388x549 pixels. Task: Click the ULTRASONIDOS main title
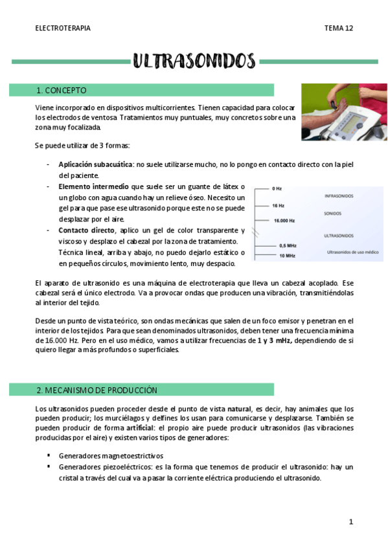pyautogui.click(x=194, y=61)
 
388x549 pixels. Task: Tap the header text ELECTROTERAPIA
pyautogui.click(x=63, y=28)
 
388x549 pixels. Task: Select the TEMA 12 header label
pyautogui.click(x=338, y=28)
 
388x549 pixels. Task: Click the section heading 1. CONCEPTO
pyautogui.click(x=62, y=90)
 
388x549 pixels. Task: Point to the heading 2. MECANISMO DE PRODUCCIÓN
pyautogui.click(x=97, y=390)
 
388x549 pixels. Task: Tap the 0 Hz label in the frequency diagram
pyautogui.click(x=277, y=188)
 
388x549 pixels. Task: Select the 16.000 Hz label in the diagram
pyautogui.click(x=285, y=221)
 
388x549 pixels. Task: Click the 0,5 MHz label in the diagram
pyautogui.click(x=287, y=246)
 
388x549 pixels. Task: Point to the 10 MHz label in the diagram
pyautogui.click(x=287, y=256)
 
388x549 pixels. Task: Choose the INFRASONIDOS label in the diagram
pyautogui.click(x=339, y=196)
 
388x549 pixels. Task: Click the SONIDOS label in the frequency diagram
pyautogui.click(x=334, y=213)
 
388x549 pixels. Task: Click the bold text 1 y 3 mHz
pyautogui.click(x=274, y=340)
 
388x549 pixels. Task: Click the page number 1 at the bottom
pyautogui.click(x=350, y=522)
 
